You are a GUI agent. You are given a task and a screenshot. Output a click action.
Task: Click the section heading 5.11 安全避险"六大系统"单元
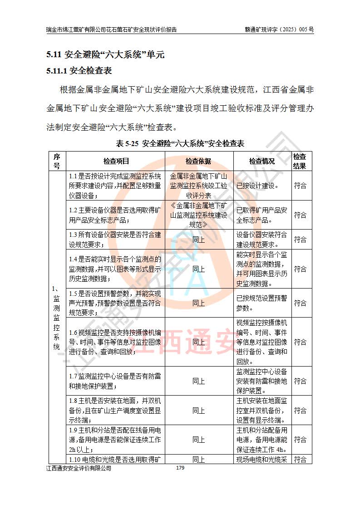[x=105, y=55]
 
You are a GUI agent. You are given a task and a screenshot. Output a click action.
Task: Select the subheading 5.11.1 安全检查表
[x=79, y=71]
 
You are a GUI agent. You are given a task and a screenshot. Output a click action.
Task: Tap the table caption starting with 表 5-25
[x=180, y=144]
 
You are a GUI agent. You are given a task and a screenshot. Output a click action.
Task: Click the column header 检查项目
[x=116, y=161]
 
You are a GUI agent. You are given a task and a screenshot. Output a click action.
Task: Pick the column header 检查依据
[x=198, y=161]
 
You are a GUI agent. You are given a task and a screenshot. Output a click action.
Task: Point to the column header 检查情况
[x=262, y=161]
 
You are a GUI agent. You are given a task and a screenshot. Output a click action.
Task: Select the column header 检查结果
[x=300, y=161]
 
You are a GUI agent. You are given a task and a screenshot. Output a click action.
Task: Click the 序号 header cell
[x=57, y=161]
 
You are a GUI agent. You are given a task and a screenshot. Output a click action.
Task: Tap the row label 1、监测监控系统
[x=57, y=318]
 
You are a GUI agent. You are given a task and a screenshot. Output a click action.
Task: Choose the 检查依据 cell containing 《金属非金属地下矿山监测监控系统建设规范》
[x=198, y=215]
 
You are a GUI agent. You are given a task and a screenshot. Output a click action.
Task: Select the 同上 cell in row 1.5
[x=198, y=303]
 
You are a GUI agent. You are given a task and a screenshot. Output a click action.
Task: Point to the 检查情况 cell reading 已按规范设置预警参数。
[x=262, y=303]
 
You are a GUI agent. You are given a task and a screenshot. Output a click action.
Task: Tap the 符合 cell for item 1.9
[x=300, y=439]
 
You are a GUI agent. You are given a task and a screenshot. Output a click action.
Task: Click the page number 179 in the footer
[x=180, y=468]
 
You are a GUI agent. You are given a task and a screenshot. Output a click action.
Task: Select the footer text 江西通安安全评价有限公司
[x=79, y=469]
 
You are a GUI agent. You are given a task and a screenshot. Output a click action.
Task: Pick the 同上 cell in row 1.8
[x=198, y=410]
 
